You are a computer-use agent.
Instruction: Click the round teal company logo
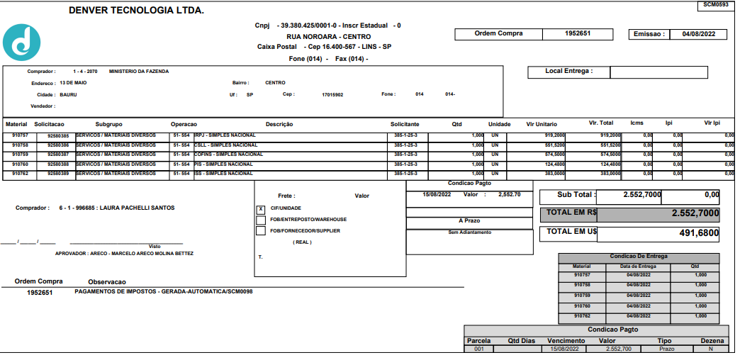pos(22,43)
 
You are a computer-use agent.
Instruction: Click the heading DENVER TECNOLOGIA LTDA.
pos(136,11)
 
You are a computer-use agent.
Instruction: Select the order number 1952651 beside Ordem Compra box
pos(578,33)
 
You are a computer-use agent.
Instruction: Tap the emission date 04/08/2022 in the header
pos(698,34)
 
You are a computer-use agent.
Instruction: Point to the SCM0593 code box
pos(715,5)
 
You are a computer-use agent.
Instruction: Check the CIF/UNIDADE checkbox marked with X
pos(261,208)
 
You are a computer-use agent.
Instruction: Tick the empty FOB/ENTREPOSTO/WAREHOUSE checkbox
pos(261,220)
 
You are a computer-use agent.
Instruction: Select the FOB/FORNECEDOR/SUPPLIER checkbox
pos(261,231)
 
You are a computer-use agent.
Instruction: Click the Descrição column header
pos(279,124)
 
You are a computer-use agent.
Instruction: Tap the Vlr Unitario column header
pos(542,124)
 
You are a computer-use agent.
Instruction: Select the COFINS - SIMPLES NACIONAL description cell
pos(223,154)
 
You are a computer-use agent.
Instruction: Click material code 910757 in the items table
pos(20,135)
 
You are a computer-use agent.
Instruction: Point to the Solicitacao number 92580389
pos(58,174)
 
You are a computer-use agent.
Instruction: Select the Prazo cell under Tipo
pos(667,349)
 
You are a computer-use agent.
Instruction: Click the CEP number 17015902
pos(332,94)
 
